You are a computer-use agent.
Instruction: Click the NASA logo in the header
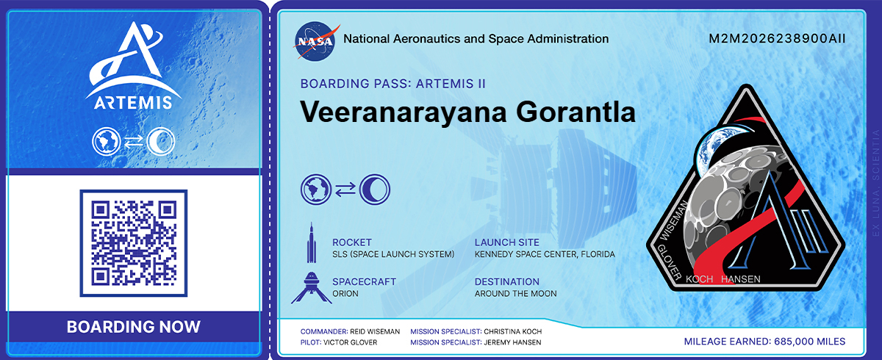[x=318, y=39]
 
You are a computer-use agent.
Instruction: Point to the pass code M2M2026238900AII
[x=777, y=39]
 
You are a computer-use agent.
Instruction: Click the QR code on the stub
[x=134, y=243]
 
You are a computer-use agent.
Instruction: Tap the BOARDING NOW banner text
[x=134, y=327]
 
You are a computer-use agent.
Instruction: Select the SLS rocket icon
[x=312, y=243]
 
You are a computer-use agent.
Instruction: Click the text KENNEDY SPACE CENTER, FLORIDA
[x=545, y=254]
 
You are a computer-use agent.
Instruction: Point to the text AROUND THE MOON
[x=515, y=294]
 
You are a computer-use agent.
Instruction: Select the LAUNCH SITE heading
[x=506, y=242]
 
